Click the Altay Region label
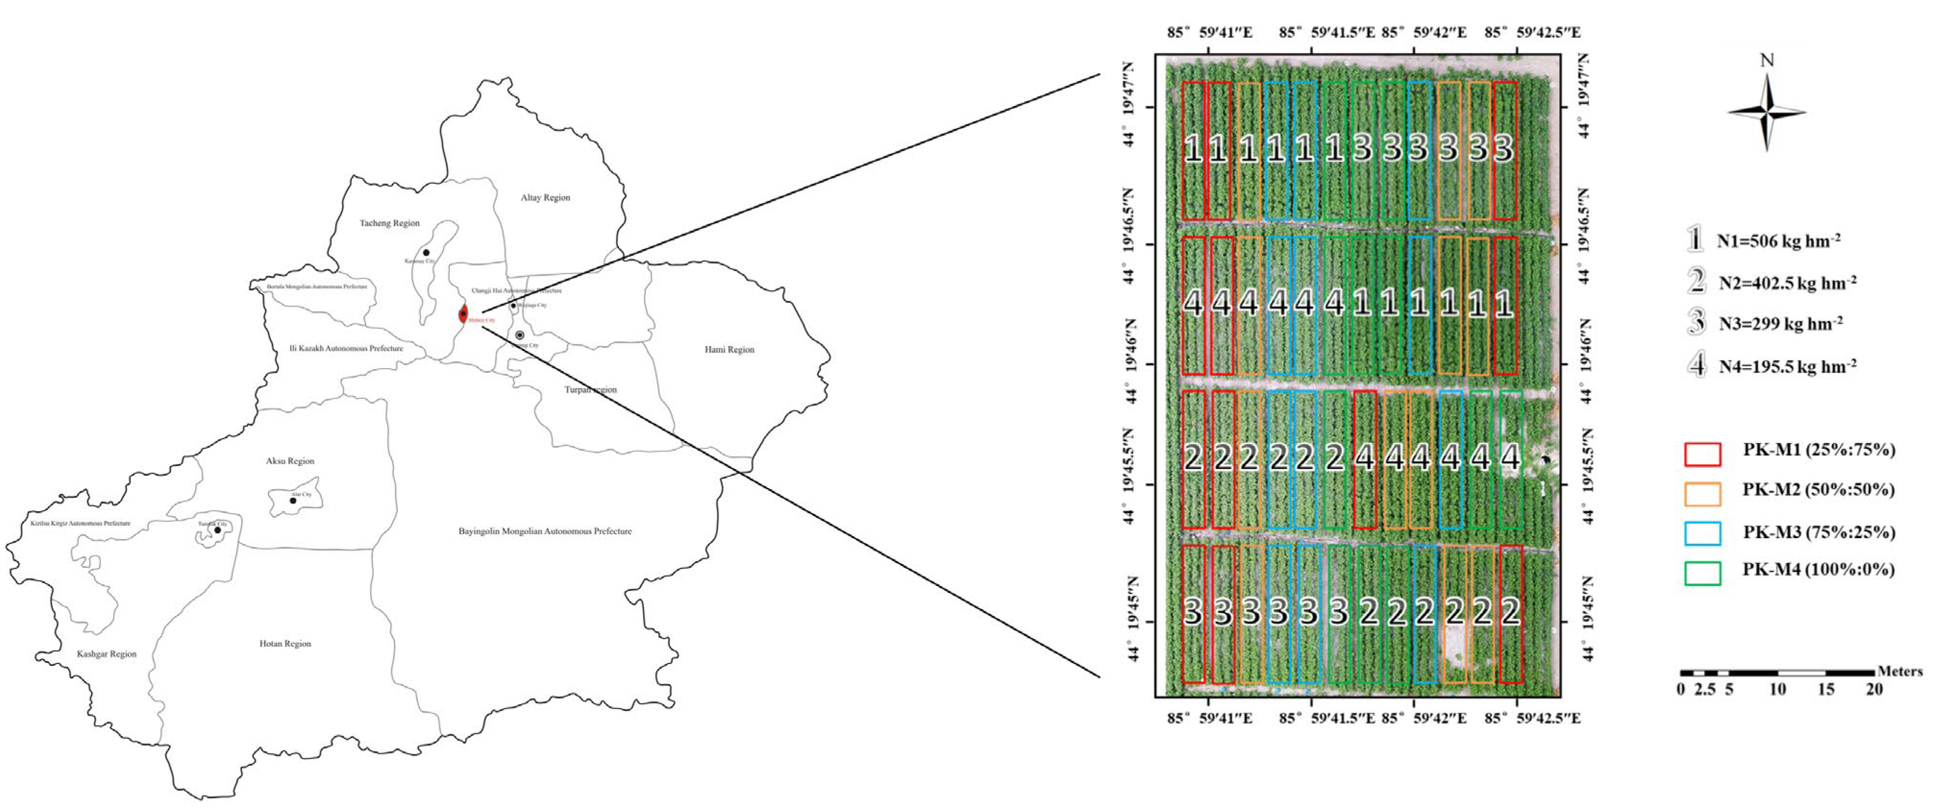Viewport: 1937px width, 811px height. [x=545, y=197]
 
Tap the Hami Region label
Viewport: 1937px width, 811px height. [x=729, y=349]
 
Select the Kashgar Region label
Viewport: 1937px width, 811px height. [x=107, y=654]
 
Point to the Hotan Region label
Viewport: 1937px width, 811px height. [x=285, y=643]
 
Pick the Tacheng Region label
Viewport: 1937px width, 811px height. [x=389, y=223]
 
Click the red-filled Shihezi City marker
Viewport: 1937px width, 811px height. [x=463, y=314]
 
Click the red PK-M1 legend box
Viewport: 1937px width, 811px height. [x=1702, y=454]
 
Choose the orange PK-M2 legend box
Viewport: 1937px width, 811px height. [x=1702, y=494]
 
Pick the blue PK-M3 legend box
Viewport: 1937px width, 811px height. [x=1702, y=534]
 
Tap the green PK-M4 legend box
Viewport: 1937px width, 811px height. [x=1702, y=574]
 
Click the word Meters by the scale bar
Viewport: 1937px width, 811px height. [x=1900, y=671]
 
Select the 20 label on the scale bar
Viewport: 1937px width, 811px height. [x=1874, y=689]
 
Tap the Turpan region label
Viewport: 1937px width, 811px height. [x=590, y=389]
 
